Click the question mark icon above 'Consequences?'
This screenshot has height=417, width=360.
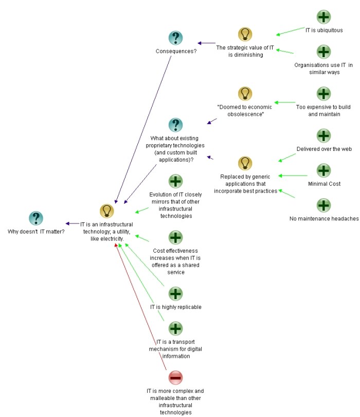176,38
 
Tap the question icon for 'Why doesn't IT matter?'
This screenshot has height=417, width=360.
35,218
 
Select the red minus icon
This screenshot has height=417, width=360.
175,378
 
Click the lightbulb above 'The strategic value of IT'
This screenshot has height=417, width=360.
245,34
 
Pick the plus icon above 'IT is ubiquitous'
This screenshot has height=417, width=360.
323,17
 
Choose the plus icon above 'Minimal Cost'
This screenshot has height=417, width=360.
323,170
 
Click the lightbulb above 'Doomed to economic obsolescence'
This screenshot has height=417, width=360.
245,94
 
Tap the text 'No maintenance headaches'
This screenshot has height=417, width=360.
324,219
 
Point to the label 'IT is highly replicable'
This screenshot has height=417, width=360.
175,307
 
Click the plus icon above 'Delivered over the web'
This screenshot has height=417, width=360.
323,136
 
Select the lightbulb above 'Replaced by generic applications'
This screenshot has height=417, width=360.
245,163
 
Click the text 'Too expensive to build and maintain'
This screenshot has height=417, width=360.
324,110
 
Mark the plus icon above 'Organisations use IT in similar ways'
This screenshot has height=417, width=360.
323,51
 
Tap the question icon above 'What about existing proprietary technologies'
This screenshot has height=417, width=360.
176,125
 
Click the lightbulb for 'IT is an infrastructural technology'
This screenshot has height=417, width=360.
106,211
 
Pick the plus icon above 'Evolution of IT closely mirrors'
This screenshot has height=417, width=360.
175,181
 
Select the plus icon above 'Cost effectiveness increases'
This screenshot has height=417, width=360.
175,237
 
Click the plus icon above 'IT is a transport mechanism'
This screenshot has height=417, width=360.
175,328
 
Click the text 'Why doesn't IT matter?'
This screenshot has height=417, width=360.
36,232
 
